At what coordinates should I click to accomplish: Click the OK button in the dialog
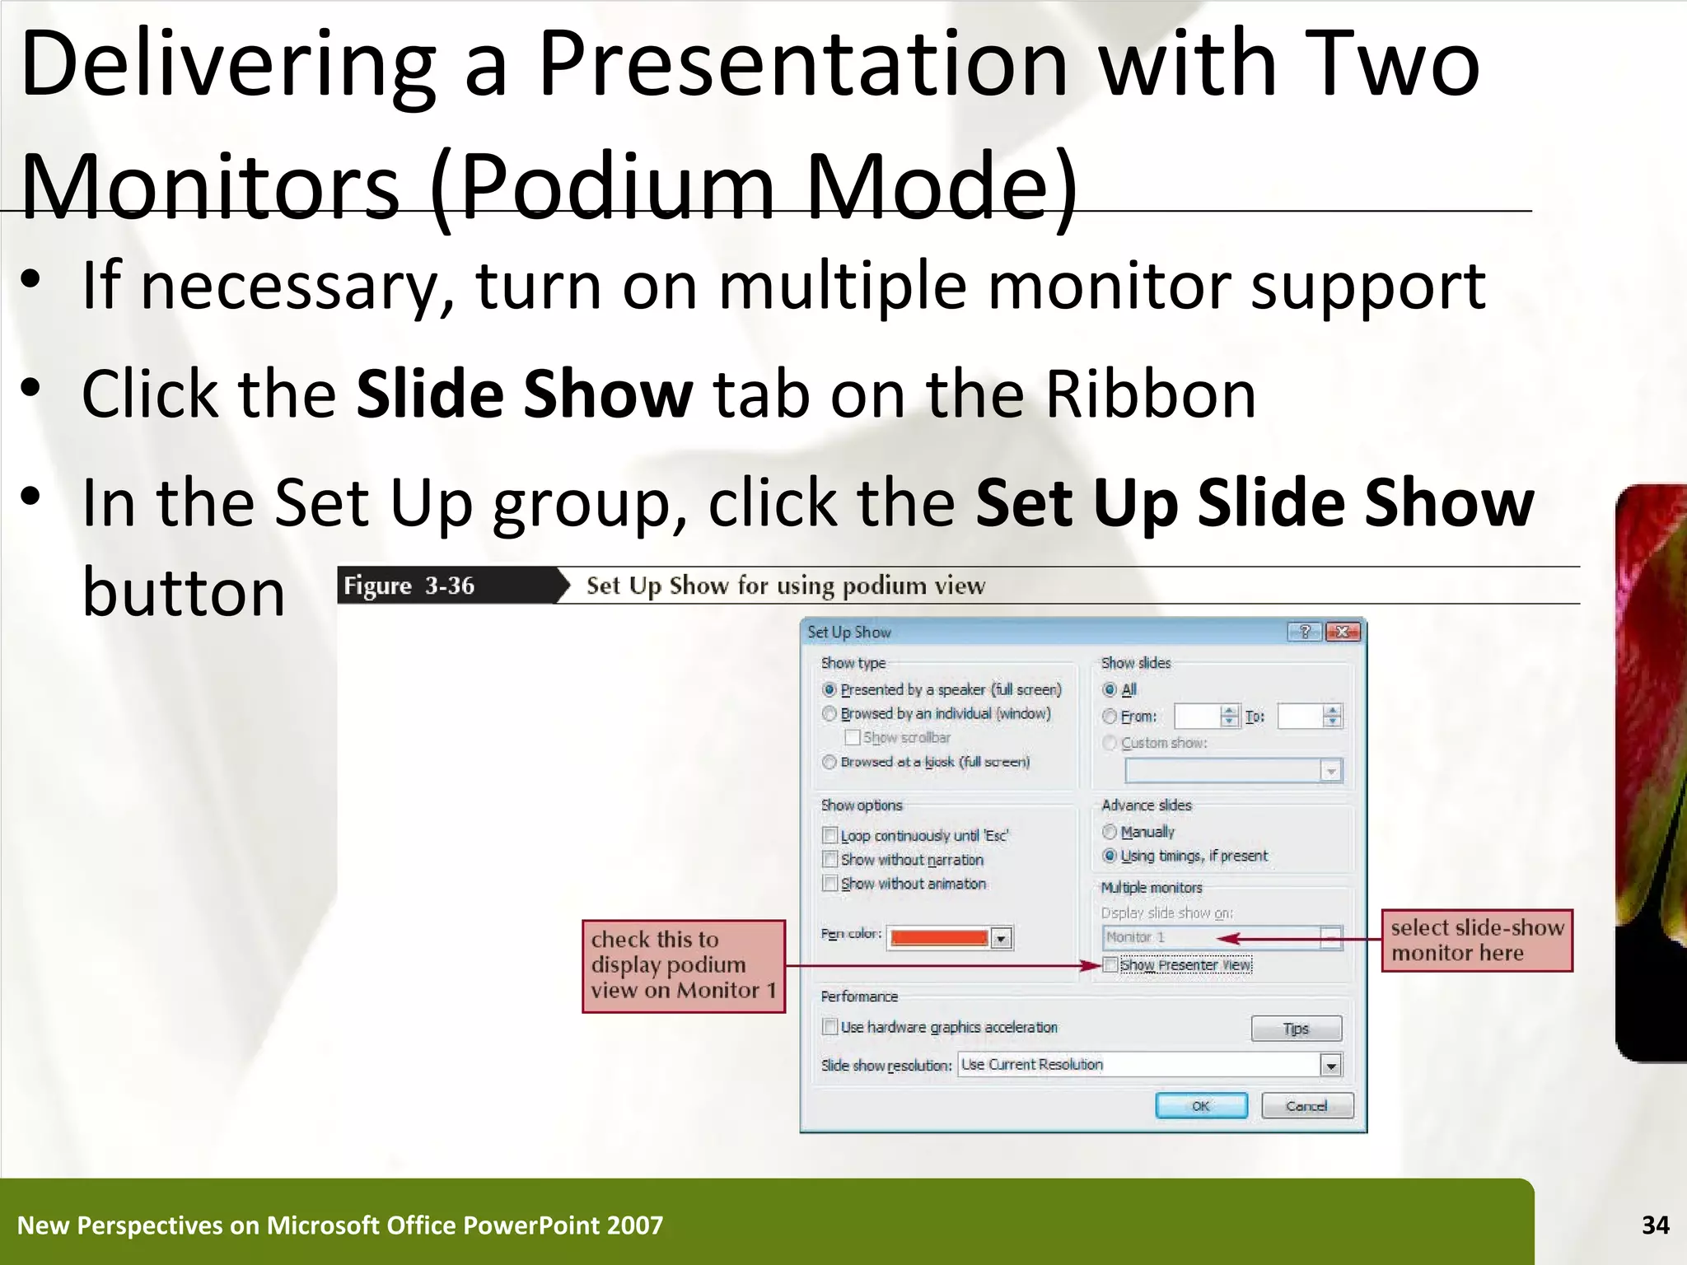(x=1201, y=1105)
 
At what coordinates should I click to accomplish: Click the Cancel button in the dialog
(x=1306, y=1105)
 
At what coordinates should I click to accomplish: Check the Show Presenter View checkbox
(x=1110, y=964)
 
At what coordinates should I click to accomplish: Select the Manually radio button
(x=1110, y=832)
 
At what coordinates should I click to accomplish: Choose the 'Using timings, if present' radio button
(x=1110, y=856)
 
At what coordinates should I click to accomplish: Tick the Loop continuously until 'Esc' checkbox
(x=830, y=835)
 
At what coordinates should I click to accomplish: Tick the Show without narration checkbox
(x=830, y=859)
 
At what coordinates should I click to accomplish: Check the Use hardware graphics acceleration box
(x=830, y=1027)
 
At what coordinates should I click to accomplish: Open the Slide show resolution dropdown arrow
(x=1330, y=1065)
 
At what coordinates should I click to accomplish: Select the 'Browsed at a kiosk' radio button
(x=829, y=762)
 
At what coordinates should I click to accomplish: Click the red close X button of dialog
(x=1343, y=632)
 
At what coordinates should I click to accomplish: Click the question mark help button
(x=1305, y=632)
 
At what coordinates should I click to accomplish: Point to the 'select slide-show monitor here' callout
(x=1477, y=941)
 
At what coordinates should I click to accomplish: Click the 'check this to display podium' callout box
(x=684, y=965)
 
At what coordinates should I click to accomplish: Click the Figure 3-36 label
(x=409, y=586)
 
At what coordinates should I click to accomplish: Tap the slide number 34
(x=1655, y=1225)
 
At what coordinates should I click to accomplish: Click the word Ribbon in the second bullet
(x=1151, y=394)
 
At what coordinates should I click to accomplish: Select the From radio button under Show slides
(x=1110, y=717)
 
